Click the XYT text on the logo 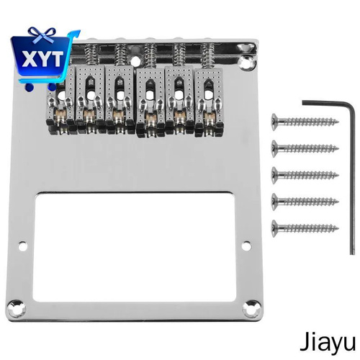pos(42,58)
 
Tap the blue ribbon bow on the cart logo pos(42,35)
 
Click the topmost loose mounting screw pos(305,122)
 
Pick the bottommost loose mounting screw pos(305,228)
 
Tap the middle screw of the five pos(305,175)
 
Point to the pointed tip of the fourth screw pos(338,202)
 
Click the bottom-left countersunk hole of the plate pos(17,307)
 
